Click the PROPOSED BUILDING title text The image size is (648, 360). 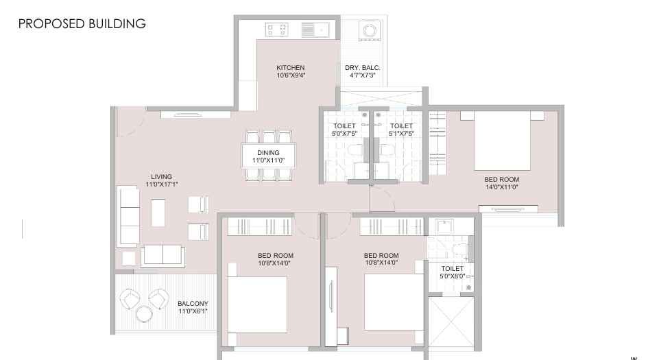click(x=82, y=24)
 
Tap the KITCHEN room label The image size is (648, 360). click(x=290, y=68)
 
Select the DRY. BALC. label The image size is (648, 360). click(x=363, y=68)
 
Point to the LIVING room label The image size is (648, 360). click(x=162, y=177)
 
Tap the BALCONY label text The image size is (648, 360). click(x=193, y=304)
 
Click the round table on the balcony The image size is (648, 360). click(x=144, y=314)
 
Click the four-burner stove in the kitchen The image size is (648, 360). click(x=276, y=29)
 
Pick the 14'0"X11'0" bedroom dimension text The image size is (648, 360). click(x=501, y=187)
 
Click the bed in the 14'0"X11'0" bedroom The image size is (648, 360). click(x=502, y=141)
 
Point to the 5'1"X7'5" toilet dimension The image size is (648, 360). click(x=401, y=133)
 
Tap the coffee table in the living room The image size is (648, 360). click(x=158, y=213)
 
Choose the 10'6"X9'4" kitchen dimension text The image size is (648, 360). click(x=290, y=75)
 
